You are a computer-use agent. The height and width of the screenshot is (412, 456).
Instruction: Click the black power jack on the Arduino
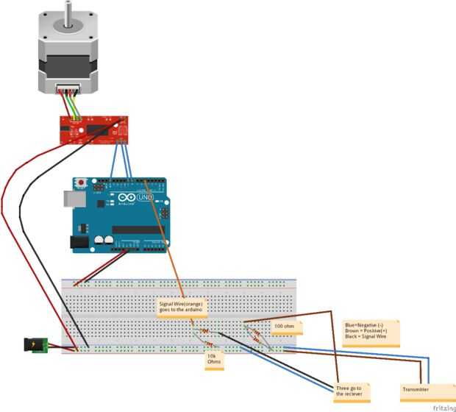pyautogui.click(x=78, y=241)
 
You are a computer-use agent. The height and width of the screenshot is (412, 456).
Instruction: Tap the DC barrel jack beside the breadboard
pyautogui.click(x=36, y=344)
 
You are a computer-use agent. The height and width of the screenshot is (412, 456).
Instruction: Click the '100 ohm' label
pyautogui.click(x=284, y=325)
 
